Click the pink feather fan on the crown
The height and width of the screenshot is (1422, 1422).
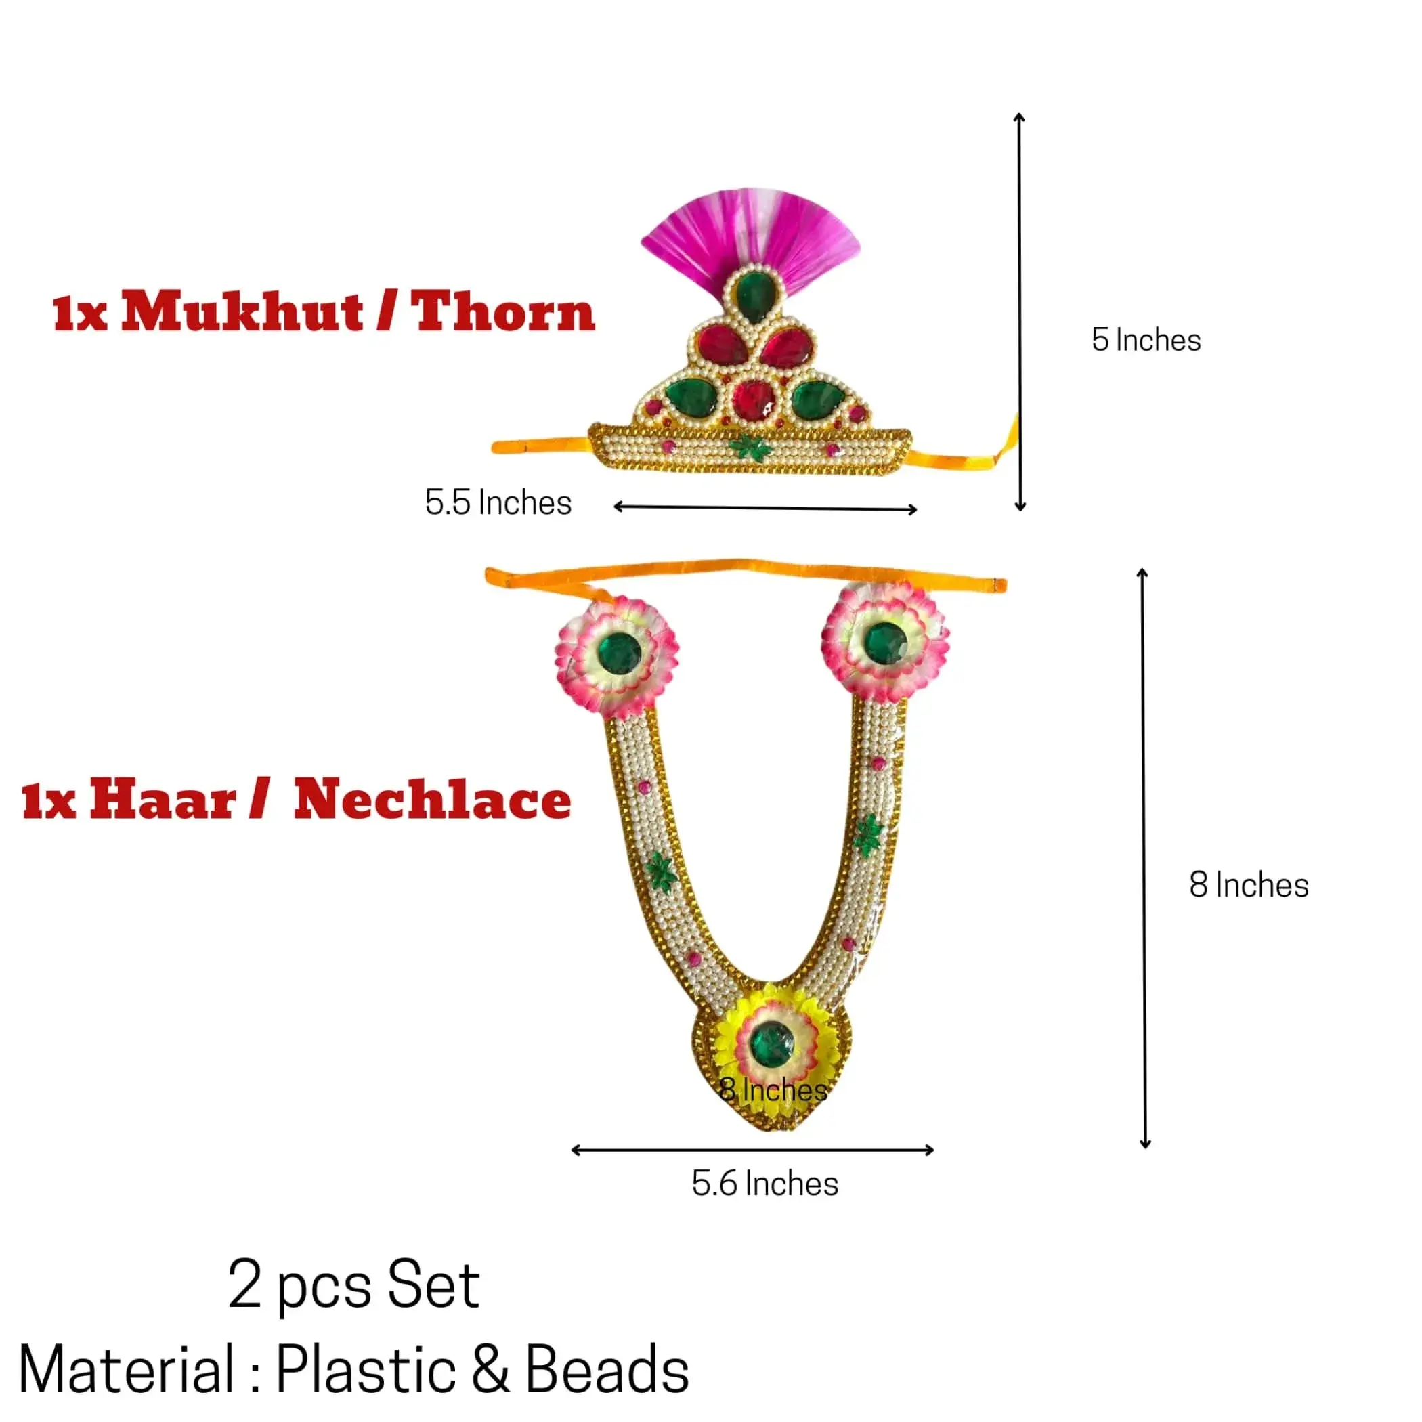click(750, 236)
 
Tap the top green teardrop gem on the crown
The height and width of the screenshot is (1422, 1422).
click(752, 295)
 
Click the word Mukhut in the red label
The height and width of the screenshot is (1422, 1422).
click(242, 311)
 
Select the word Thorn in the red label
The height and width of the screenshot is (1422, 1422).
click(502, 311)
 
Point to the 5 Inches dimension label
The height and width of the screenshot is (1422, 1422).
click(1146, 340)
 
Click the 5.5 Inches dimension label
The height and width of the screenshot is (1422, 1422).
click(498, 502)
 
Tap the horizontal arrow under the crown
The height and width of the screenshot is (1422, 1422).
click(765, 507)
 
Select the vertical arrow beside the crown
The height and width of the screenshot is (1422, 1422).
click(1019, 312)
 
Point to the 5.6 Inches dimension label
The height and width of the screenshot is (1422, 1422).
click(764, 1184)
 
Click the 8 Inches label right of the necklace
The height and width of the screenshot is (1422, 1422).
click(1249, 885)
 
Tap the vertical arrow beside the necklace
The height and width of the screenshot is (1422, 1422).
click(1144, 858)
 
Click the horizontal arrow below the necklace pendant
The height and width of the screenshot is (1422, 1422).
click(753, 1150)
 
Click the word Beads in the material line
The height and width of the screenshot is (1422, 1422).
click(607, 1370)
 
